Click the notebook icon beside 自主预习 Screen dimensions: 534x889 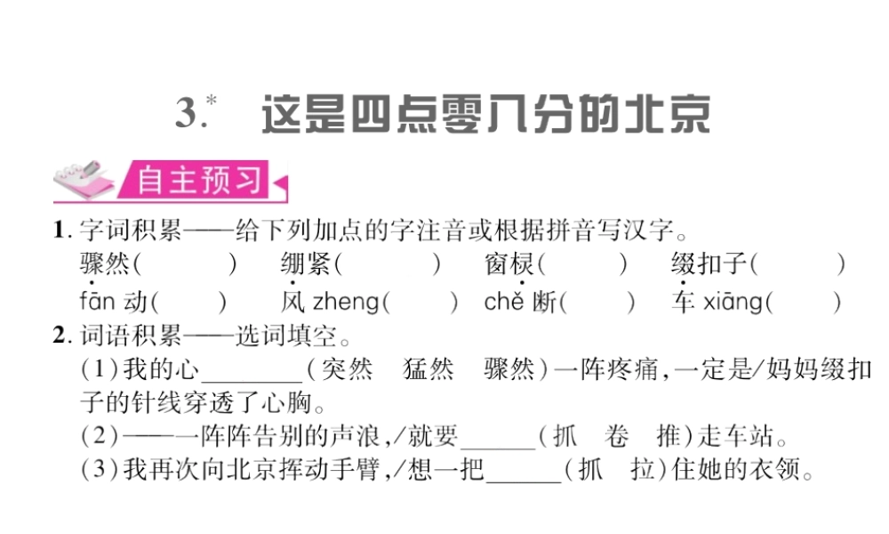[x=84, y=182]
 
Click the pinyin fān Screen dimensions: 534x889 [x=96, y=302]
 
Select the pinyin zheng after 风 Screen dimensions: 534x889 [x=345, y=303]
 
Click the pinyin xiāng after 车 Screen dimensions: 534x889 [x=733, y=303]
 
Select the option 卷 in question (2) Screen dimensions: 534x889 [x=615, y=436]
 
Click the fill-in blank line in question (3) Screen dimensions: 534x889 [x=524, y=478]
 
